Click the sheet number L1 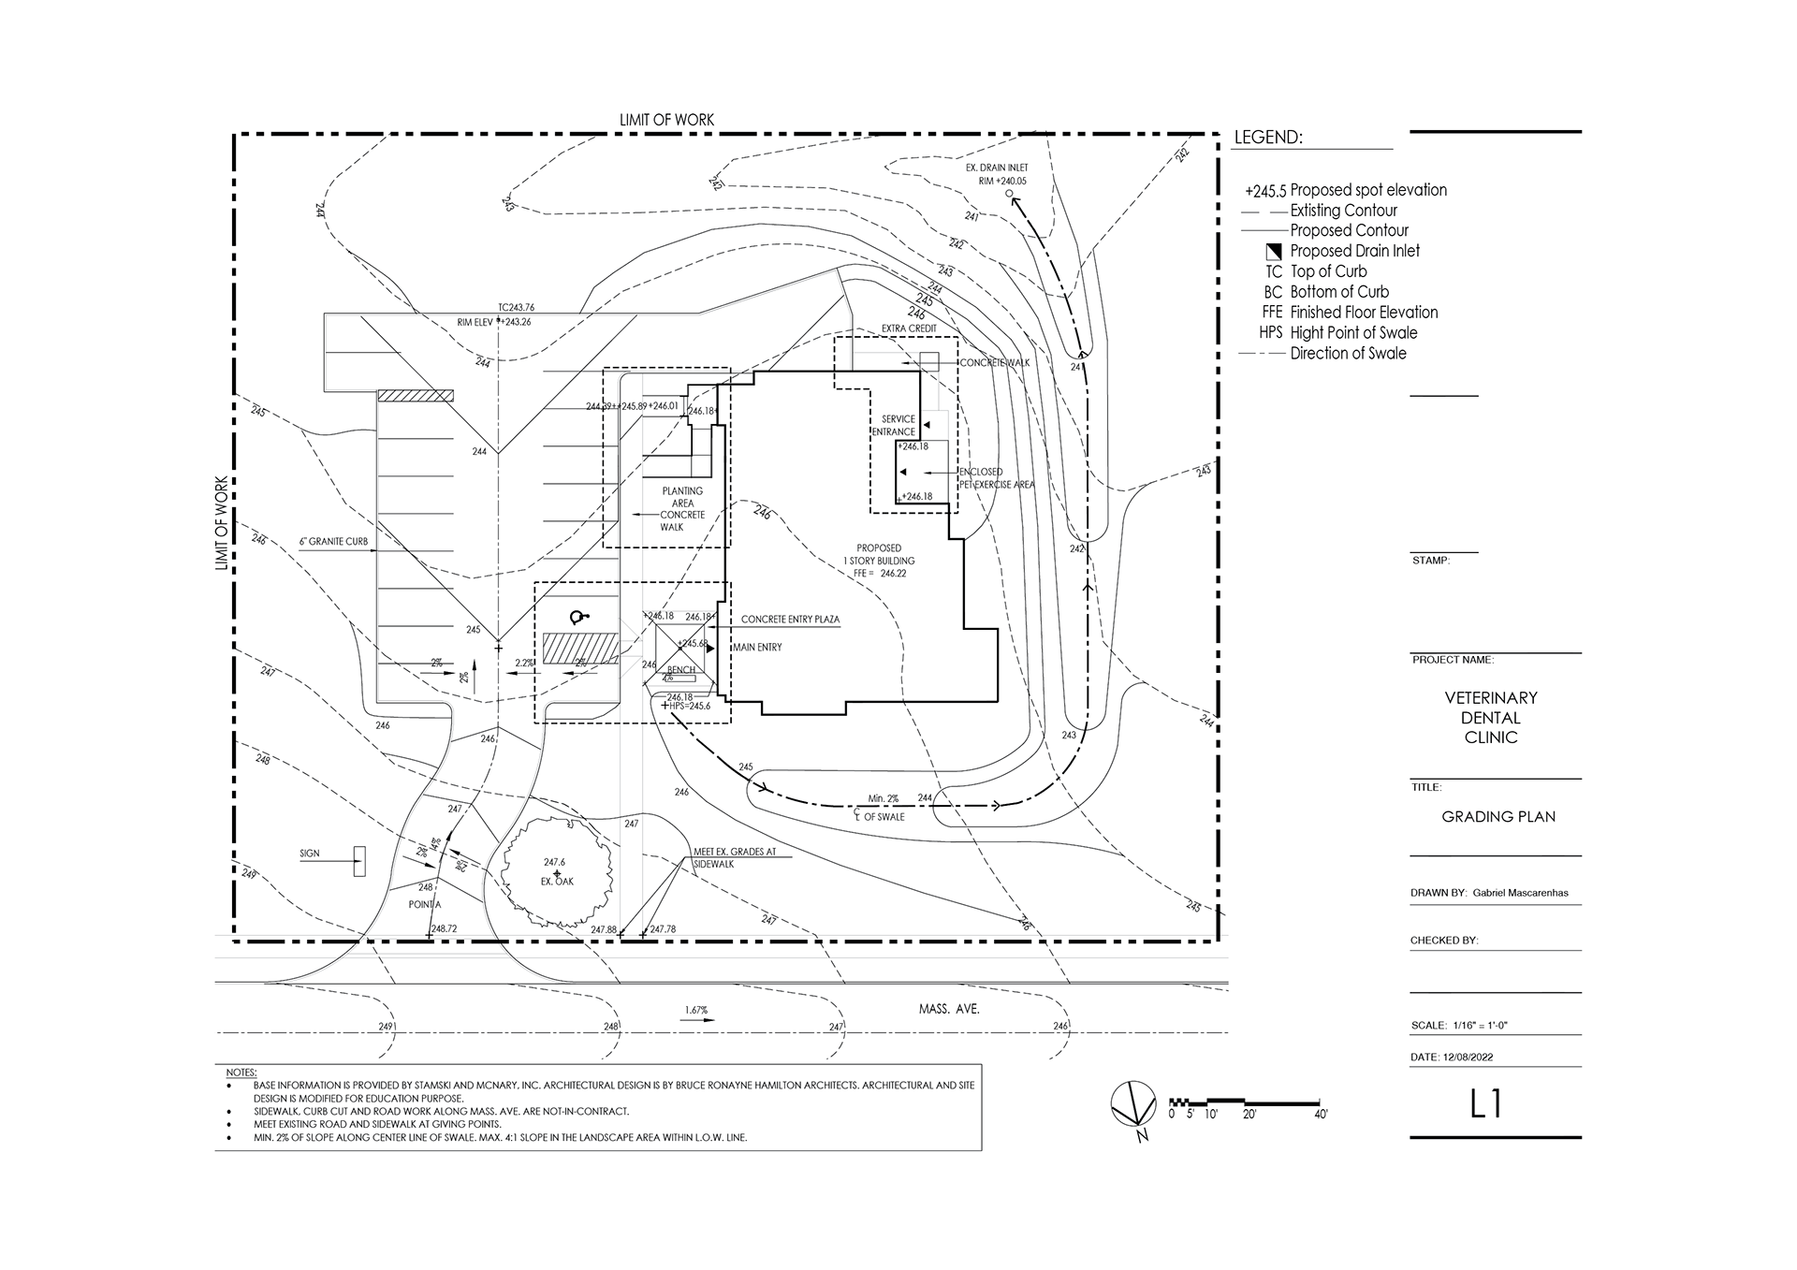click(1485, 1104)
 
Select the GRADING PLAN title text click(1497, 816)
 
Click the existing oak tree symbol click(558, 872)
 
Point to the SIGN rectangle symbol click(359, 860)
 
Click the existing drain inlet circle click(1009, 194)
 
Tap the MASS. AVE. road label click(948, 1010)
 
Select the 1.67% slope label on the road click(695, 1010)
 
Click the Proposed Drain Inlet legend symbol click(1273, 251)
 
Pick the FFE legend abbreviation click(1272, 313)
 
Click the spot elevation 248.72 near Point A click(440, 928)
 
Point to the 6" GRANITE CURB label click(333, 542)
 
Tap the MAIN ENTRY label click(757, 647)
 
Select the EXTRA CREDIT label click(909, 328)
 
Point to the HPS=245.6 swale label click(690, 706)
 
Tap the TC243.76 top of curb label click(516, 307)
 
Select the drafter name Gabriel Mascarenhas click(1520, 893)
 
